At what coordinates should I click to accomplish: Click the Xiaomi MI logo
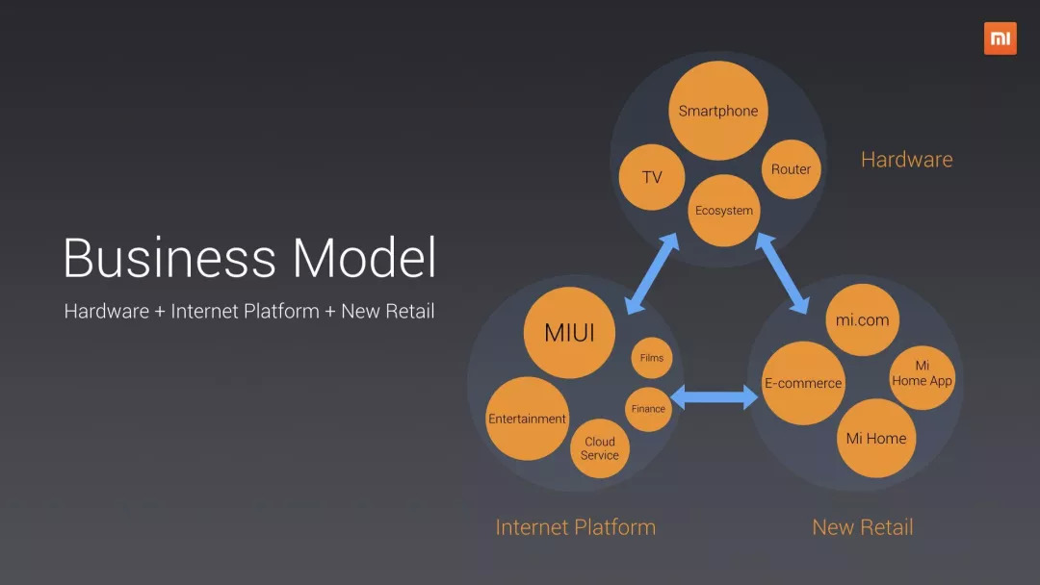(x=1000, y=38)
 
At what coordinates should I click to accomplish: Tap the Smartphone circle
(x=717, y=111)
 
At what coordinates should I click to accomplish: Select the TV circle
(x=652, y=177)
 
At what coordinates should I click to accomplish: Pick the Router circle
(x=791, y=169)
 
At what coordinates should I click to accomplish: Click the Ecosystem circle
(x=724, y=211)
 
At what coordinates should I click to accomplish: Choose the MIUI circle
(x=569, y=333)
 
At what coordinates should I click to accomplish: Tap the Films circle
(x=652, y=358)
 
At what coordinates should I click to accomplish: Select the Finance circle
(x=648, y=409)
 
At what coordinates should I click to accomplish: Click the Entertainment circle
(x=527, y=419)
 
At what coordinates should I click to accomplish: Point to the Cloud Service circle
(x=599, y=448)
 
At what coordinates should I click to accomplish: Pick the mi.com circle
(x=862, y=320)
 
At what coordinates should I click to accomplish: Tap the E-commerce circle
(x=803, y=383)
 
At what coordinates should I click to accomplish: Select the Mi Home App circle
(x=922, y=374)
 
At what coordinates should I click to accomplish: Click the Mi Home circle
(x=875, y=439)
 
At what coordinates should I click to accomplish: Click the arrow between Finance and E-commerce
(x=715, y=395)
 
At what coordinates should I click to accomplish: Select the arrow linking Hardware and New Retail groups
(x=782, y=272)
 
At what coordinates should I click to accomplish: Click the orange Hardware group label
(x=906, y=160)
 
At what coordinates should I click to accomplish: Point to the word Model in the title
(x=364, y=258)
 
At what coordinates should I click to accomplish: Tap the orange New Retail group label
(x=862, y=527)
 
